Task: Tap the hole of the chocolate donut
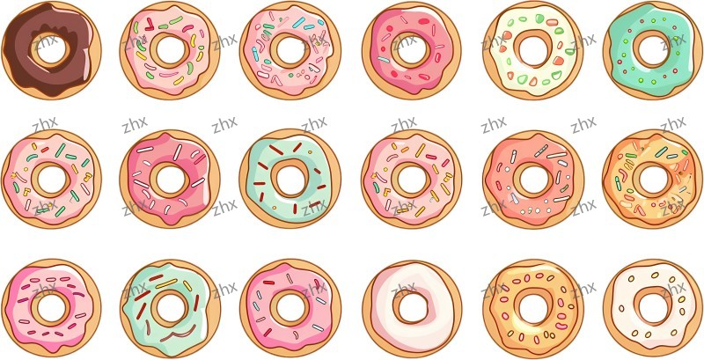[x=50, y=50]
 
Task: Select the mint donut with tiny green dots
[x=653, y=77]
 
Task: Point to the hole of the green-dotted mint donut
[x=652, y=51]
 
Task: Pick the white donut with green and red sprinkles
[x=533, y=77]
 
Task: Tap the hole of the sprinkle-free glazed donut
[x=411, y=308]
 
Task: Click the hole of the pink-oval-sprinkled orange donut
[x=532, y=307]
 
